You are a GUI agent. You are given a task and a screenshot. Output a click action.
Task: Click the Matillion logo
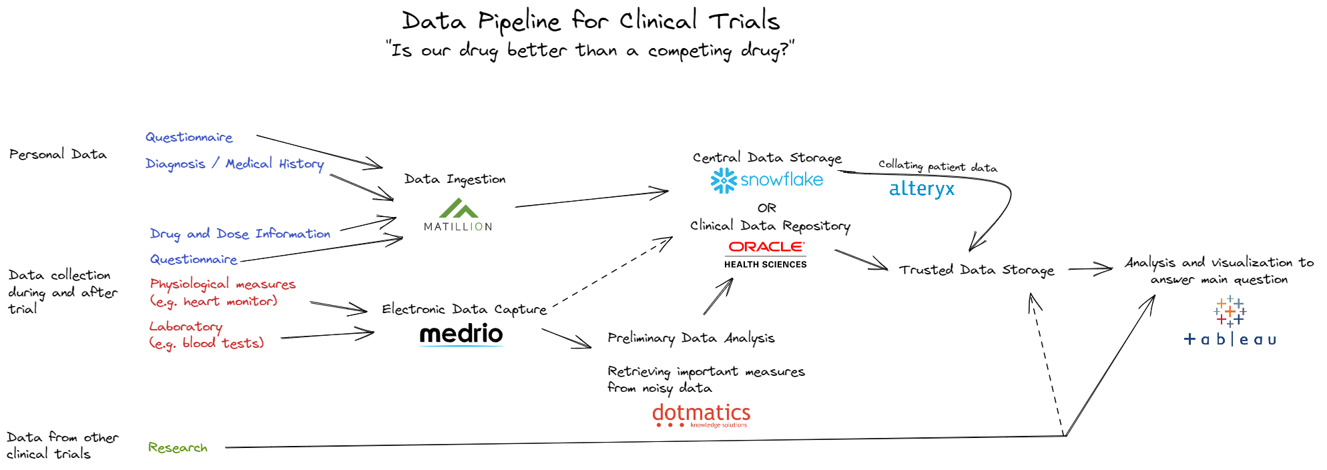click(458, 216)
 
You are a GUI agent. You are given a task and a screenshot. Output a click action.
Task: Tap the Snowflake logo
click(767, 180)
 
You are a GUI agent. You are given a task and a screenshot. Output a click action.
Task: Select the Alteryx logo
click(922, 189)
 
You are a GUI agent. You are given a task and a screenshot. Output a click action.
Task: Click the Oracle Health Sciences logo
click(766, 254)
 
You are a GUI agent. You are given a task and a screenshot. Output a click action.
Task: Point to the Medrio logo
click(461, 334)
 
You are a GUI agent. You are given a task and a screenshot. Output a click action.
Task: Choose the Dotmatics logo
click(701, 415)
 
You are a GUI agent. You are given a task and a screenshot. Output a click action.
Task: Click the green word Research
click(178, 447)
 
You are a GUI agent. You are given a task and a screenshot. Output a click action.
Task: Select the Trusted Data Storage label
click(977, 270)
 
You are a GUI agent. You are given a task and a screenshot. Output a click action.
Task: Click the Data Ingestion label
click(455, 179)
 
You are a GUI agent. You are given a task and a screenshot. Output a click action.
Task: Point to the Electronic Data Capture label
click(464, 309)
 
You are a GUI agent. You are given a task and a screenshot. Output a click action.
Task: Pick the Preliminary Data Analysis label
click(691, 338)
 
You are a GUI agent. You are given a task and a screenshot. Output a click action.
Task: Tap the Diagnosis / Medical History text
click(234, 164)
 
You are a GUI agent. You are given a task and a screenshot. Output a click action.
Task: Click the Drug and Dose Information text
click(240, 234)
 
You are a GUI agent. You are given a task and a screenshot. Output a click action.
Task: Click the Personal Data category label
click(58, 154)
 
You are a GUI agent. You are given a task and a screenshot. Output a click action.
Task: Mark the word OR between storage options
click(766, 208)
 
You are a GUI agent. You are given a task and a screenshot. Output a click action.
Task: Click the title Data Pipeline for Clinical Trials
click(591, 21)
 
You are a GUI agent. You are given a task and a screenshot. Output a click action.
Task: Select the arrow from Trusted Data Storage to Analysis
click(1090, 269)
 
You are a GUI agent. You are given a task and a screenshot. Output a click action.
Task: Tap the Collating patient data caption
click(937, 166)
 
